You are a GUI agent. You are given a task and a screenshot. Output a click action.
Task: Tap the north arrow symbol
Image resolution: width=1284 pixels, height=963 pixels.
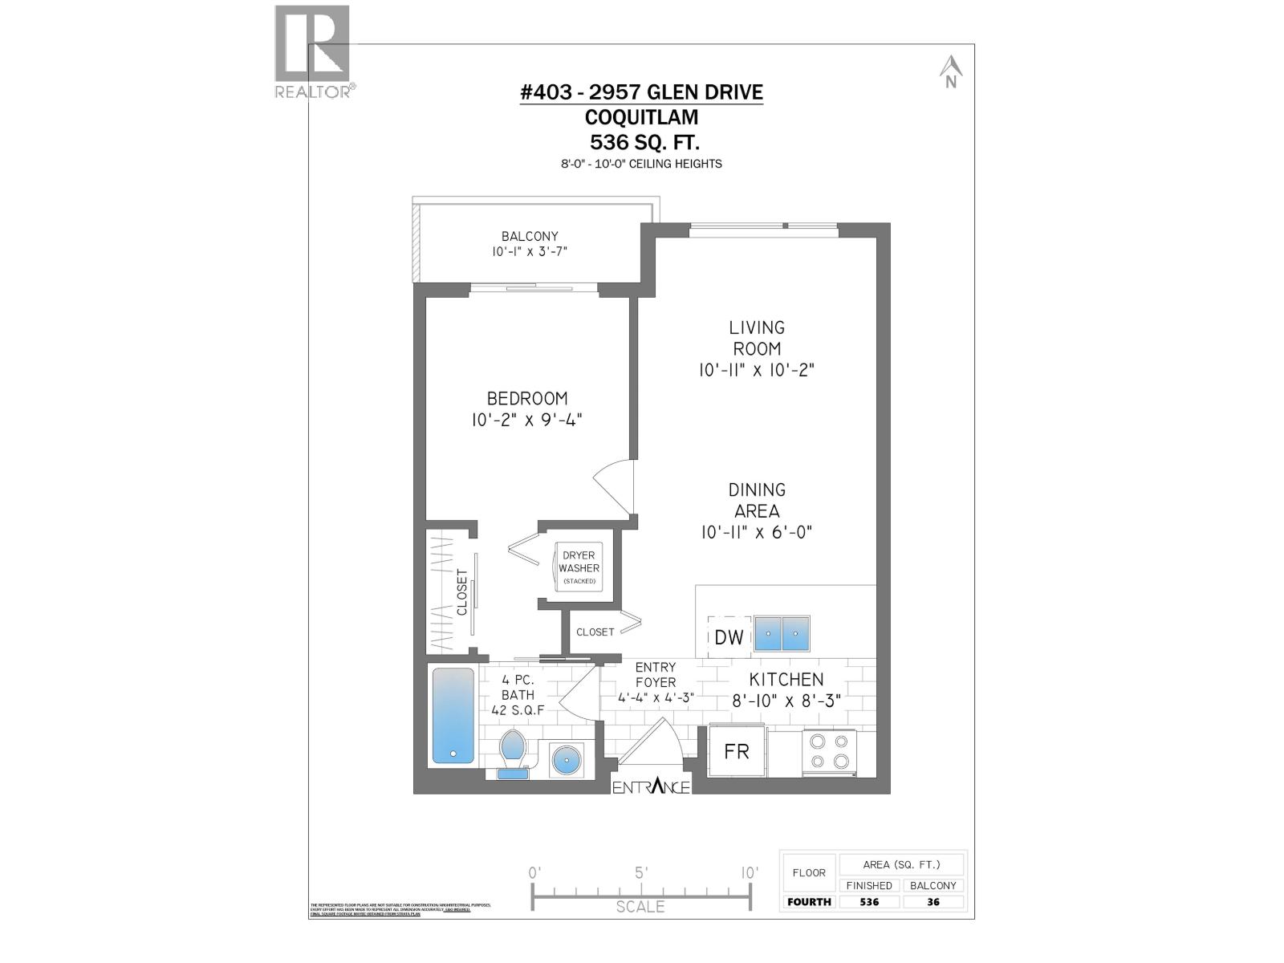pyautogui.click(x=951, y=71)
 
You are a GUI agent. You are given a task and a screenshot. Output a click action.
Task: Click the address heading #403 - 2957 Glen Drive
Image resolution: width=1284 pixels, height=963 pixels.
pyautogui.click(x=641, y=92)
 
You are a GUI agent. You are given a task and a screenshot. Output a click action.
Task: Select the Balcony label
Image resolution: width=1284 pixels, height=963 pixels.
pyautogui.click(x=530, y=236)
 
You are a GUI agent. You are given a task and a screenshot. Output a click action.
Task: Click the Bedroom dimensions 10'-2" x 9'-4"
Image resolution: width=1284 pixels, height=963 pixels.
pyautogui.click(x=526, y=420)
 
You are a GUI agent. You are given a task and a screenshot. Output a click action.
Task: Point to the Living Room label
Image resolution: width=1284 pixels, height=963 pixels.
pyautogui.click(x=756, y=338)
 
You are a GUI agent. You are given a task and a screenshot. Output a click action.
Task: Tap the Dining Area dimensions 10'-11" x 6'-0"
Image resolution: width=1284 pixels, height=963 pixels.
pyautogui.click(x=756, y=532)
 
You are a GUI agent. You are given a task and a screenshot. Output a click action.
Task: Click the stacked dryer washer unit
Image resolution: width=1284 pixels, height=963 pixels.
pyautogui.click(x=579, y=567)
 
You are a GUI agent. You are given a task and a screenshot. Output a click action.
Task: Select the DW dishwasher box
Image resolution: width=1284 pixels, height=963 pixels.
pyautogui.click(x=729, y=637)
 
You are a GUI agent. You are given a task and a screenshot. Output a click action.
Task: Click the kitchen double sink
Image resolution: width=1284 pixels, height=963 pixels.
pyautogui.click(x=782, y=634)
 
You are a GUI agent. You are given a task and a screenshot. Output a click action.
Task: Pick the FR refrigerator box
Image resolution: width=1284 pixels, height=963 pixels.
pyautogui.click(x=737, y=751)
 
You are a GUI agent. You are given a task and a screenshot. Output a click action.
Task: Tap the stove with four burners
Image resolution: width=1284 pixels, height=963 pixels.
pyautogui.click(x=829, y=752)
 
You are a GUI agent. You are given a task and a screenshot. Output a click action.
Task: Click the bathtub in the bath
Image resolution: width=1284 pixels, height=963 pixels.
pyautogui.click(x=453, y=715)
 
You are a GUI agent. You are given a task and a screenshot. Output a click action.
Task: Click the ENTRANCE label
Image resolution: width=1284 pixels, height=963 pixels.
pyautogui.click(x=651, y=787)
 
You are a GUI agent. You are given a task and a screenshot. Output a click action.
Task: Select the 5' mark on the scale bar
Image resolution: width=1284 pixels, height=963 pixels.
pyautogui.click(x=640, y=873)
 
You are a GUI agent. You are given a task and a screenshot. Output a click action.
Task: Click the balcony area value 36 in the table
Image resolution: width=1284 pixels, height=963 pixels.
pyautogui.click(x=933, y=902)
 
